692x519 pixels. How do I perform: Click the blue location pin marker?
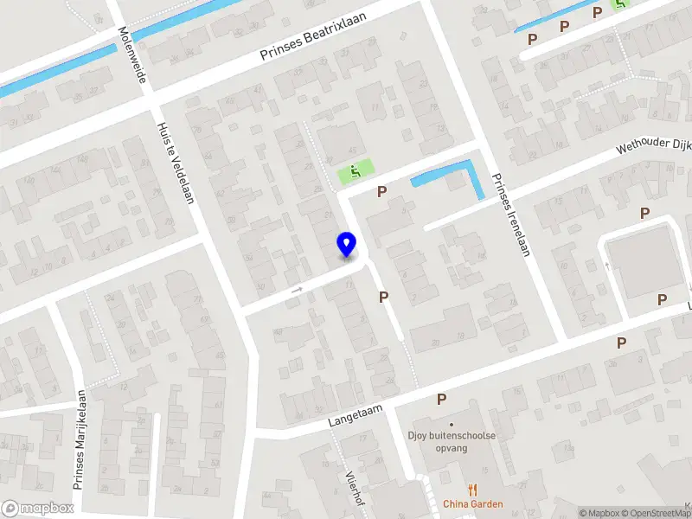pyautogui.click(x=347, y=245)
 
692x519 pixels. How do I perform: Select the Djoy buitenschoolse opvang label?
pyautogui.click(x=451, y=442)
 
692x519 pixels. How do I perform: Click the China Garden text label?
pyautogui.click(x=471, y=504)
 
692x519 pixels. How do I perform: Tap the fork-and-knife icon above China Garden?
pyautogui.click(x=471, y=490)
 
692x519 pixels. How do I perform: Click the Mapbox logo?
pyautogui.click(x=38, y=509)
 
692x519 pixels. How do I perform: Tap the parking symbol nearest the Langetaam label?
pyautogui.click(x=441, y=399)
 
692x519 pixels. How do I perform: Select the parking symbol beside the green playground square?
pyautogui.click(x=381, y=191)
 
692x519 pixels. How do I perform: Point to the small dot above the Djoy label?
pyautogui.click(x=451, y=425)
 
